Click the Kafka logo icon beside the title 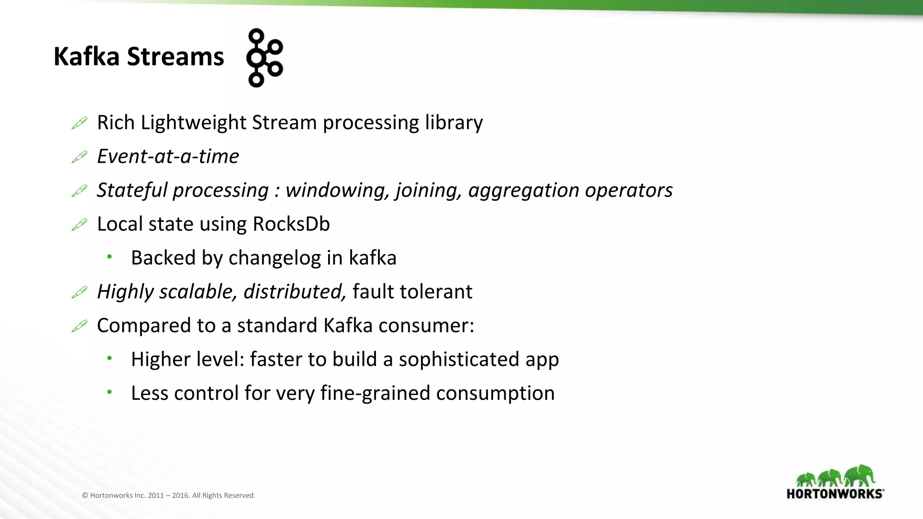tap(265, 58)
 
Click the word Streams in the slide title tap(175, 57)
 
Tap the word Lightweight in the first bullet tap(193, 123)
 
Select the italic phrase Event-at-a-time tap(168, 156)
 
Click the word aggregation tap(524, 191)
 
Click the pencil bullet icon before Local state tap(79, 224)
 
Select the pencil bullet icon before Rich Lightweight tap(79, 123)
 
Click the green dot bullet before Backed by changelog tap(109, 257)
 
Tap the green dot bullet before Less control tap(109, 392)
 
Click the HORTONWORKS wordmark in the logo tap(835, 494)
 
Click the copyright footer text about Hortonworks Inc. tap(168, 495)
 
